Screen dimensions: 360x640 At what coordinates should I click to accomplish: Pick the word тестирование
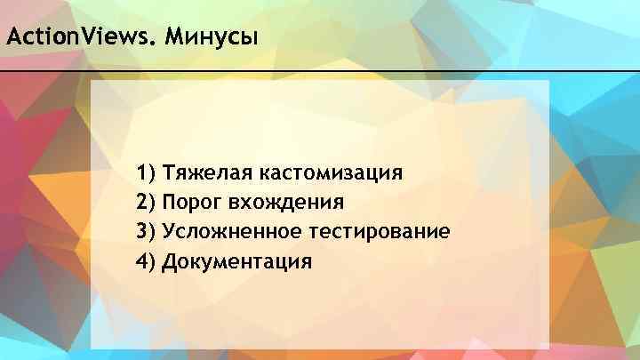(380, 231)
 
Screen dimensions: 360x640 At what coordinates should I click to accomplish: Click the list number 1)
(146, 171)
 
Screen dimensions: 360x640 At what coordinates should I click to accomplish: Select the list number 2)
(146, 201)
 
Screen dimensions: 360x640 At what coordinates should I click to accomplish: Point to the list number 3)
(146, 231)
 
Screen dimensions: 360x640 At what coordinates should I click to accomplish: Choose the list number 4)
(146, 261)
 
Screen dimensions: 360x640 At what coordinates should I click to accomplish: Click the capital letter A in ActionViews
(12, 38)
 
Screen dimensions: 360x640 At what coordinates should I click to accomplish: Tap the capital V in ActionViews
(88, 38)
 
